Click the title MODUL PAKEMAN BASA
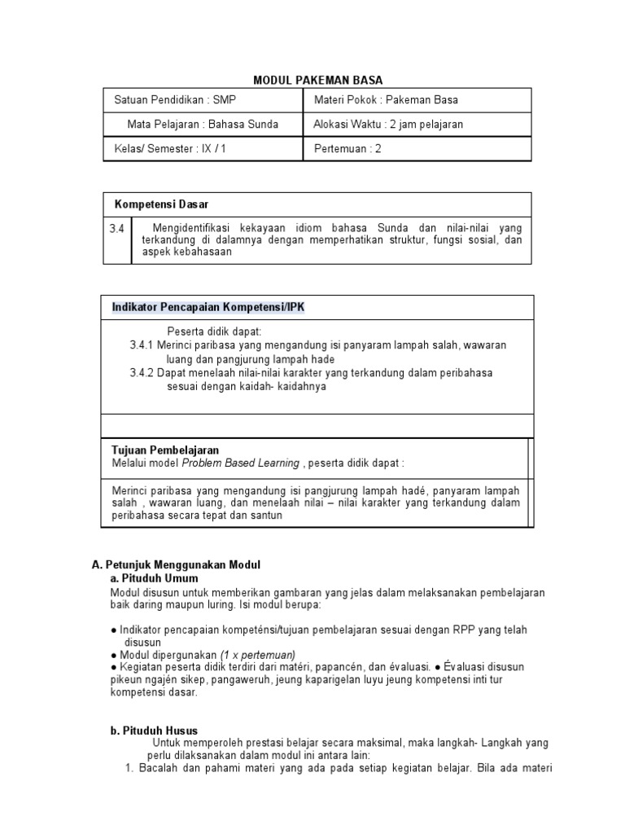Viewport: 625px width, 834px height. click(317, 80)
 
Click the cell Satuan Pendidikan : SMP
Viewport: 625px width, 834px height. click(174, 100)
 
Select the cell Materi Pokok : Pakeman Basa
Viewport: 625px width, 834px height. click(386, 100)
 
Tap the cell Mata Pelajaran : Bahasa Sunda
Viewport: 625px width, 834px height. click(203, 125)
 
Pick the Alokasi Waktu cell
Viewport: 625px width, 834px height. click(388, 125)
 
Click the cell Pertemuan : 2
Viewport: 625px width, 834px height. click(347, 149)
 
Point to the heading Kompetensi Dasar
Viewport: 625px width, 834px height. click(161, 204)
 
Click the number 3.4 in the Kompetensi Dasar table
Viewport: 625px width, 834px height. click(117, 230)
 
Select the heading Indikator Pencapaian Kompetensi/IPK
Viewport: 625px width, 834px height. click(208, 306)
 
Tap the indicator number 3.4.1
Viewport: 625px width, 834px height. click(142, 345)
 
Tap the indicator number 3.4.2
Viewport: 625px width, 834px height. click(142, 372)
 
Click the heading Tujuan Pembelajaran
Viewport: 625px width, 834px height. click(164, 450)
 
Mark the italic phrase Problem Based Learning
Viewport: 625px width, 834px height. click(242, 463)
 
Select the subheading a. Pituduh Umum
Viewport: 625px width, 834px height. click(155, 578)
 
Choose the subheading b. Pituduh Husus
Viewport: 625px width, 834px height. click(154, 731)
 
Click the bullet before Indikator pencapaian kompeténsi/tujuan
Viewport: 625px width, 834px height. click(114, 630)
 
